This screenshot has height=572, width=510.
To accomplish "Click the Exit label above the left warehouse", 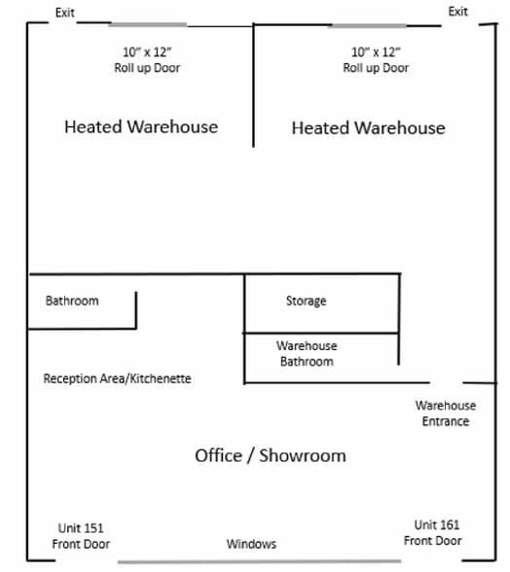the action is click(x=65, y=13).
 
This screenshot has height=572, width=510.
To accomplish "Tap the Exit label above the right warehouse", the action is click(x=457, y=12).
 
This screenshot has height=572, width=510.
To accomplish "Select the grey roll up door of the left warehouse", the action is click(x=148, y=25).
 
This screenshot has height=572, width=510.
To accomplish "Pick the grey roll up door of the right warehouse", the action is click(x=369, y=25).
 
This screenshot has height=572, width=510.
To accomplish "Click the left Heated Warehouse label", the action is click(x=141, y=126).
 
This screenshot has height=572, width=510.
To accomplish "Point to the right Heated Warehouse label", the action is click(x=368, y=128).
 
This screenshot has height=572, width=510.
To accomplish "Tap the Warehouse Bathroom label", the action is click(x=307, y=353).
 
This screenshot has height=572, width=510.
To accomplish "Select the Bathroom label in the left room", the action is click(x=72, y=301).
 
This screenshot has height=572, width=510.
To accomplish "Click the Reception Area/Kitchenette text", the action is click(x=117, y=378).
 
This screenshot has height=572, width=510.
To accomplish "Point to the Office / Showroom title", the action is click(x=271, y=455).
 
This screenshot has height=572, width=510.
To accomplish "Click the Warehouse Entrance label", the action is click(x=446, y=413).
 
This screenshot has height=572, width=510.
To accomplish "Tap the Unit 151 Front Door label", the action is click(x=81, y=536).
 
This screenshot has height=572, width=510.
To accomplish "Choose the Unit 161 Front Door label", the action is click(x=433, y=533).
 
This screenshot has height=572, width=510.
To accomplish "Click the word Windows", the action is click(x=251, y=544).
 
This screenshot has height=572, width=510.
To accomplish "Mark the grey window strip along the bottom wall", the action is click(x=259, y=562).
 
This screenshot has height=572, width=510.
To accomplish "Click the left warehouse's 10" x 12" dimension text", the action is click(x=147, y=53).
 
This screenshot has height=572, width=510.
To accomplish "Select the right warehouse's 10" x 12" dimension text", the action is click(x=376, y=53).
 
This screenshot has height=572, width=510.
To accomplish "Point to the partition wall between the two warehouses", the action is click(x=253, y=86).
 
